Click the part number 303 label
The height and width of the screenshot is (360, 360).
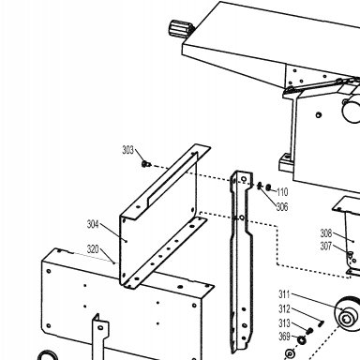click(127, 150)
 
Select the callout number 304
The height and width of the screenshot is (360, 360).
click(93, 224)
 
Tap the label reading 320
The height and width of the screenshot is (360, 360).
click(93, 249)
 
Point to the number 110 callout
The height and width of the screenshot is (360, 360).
click(282, 192)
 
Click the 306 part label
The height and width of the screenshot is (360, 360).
click(282, 207)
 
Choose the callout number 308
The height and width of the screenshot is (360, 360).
click(326, 233)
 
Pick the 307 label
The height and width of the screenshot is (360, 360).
click(326, 247)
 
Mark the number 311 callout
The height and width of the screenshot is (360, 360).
click(284, 294)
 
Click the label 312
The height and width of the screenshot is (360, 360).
click(284, 309)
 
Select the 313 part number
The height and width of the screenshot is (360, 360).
click(284, 322)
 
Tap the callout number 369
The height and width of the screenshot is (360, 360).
click(284, 337)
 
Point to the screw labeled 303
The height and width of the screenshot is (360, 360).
click(145, 164)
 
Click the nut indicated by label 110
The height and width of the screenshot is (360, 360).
click(268, 187)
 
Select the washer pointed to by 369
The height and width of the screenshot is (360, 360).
click(301, 340)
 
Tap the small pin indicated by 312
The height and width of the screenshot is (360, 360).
click(322, 324)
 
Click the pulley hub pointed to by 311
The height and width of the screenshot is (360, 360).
click(345, 319)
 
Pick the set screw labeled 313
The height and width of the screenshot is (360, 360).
click(309, 331)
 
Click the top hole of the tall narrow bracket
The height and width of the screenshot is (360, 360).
click(244, 179)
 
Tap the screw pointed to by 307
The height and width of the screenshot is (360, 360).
click(351, 253)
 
